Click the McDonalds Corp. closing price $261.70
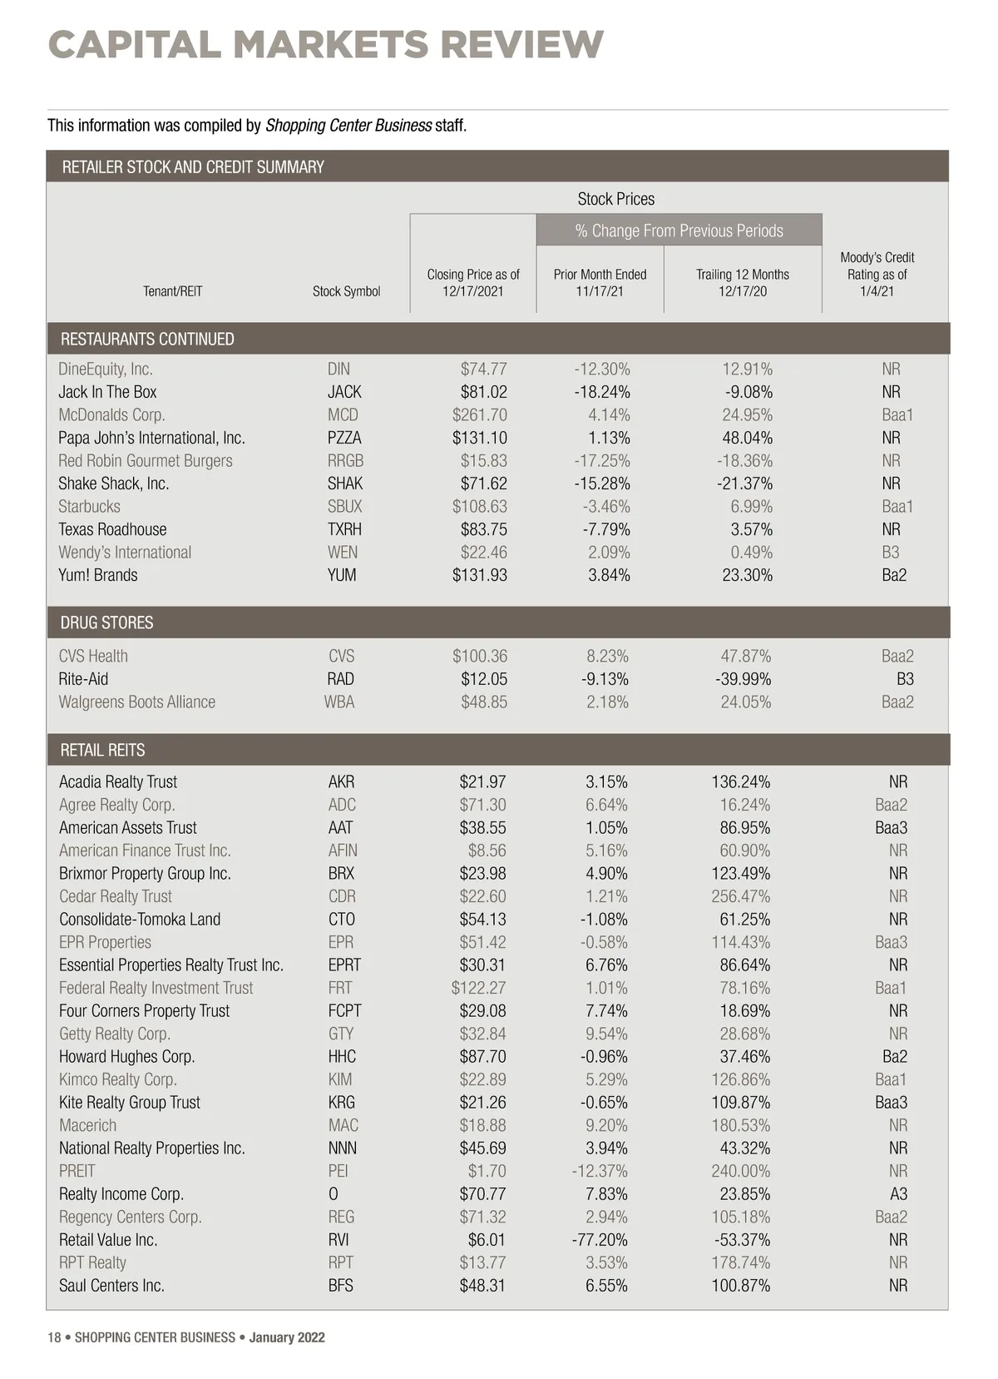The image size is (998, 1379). (479, 414)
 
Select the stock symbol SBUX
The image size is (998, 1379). (344, 506)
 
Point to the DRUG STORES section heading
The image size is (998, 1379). (106, 623)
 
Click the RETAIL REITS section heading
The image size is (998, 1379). (102, 750)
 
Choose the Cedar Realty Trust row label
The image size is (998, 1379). (116, 896)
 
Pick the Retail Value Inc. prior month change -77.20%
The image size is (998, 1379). (599, 1239)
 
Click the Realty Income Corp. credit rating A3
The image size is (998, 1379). (898, 1193)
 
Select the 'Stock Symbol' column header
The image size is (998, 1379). (346, 291)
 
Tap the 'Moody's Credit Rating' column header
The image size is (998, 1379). (877, 274)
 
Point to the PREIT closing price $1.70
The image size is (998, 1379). (487, 1171)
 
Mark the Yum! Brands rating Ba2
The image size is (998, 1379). (894, 575)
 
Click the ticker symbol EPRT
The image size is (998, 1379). (344, 965)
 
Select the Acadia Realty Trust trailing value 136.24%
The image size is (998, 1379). (740, 781)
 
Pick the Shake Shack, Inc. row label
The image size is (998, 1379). (114, 484)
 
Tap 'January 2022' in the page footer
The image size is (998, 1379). (287, 1337)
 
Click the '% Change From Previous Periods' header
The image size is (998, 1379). (679, 231)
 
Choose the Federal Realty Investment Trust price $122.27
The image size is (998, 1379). (478, 988)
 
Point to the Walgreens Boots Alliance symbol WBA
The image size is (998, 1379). (339, 702)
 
